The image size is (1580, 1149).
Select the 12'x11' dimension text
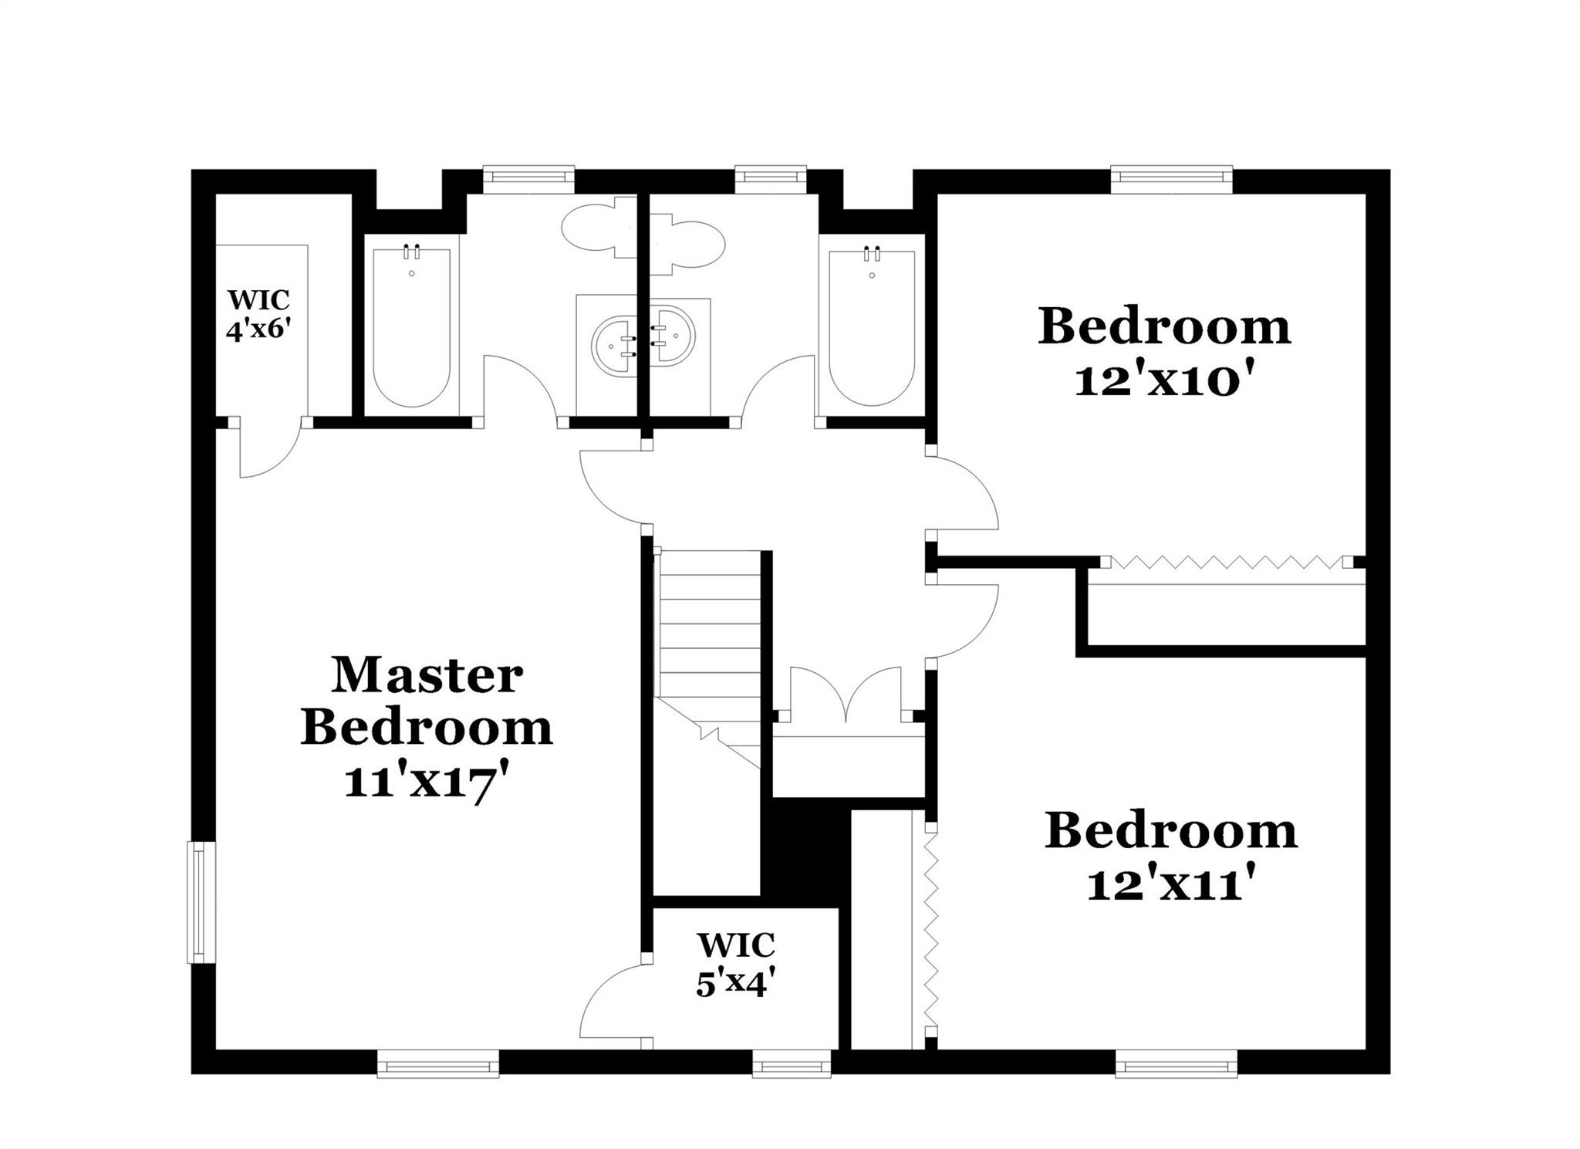[1170, 885]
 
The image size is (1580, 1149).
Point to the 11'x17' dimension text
[427, 784]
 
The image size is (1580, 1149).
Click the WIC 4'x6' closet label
[258, 315]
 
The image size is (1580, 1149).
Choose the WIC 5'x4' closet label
[735, 964]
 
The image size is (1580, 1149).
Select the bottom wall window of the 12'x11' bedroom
[1176, 1067]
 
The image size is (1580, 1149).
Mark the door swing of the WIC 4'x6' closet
[266, 451]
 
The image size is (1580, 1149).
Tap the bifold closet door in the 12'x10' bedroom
[1225, 562]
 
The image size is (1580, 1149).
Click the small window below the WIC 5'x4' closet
[792, 1067]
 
